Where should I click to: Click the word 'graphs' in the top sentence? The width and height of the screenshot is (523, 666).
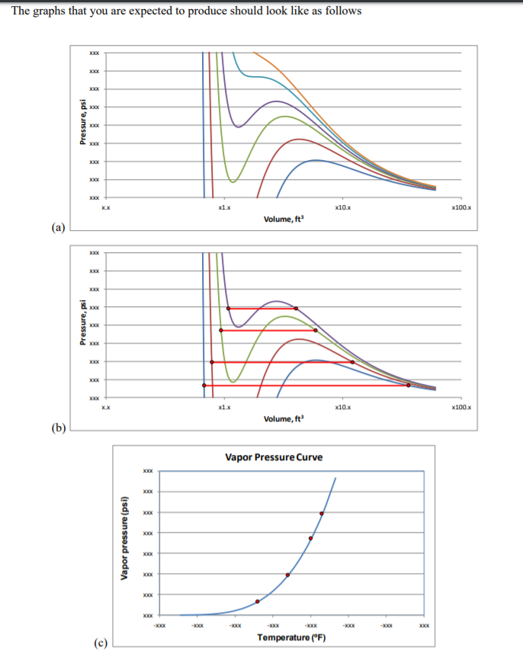[x=53, y=11]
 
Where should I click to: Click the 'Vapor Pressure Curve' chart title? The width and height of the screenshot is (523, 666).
[x=274, y=457]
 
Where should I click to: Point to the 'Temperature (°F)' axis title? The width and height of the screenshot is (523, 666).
[x=292, y=637]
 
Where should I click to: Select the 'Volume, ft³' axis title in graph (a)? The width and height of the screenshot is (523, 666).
[x=283, y=219]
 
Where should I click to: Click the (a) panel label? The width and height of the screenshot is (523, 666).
[x=58, y=226]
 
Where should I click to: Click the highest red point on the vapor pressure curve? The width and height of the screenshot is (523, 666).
[x=321, y=514]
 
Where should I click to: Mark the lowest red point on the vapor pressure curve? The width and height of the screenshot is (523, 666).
[x=257, y=601]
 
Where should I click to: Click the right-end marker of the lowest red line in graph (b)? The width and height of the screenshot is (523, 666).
[x=409, y=386]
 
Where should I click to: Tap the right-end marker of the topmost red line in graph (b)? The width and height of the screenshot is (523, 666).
[x=296, y=309]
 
